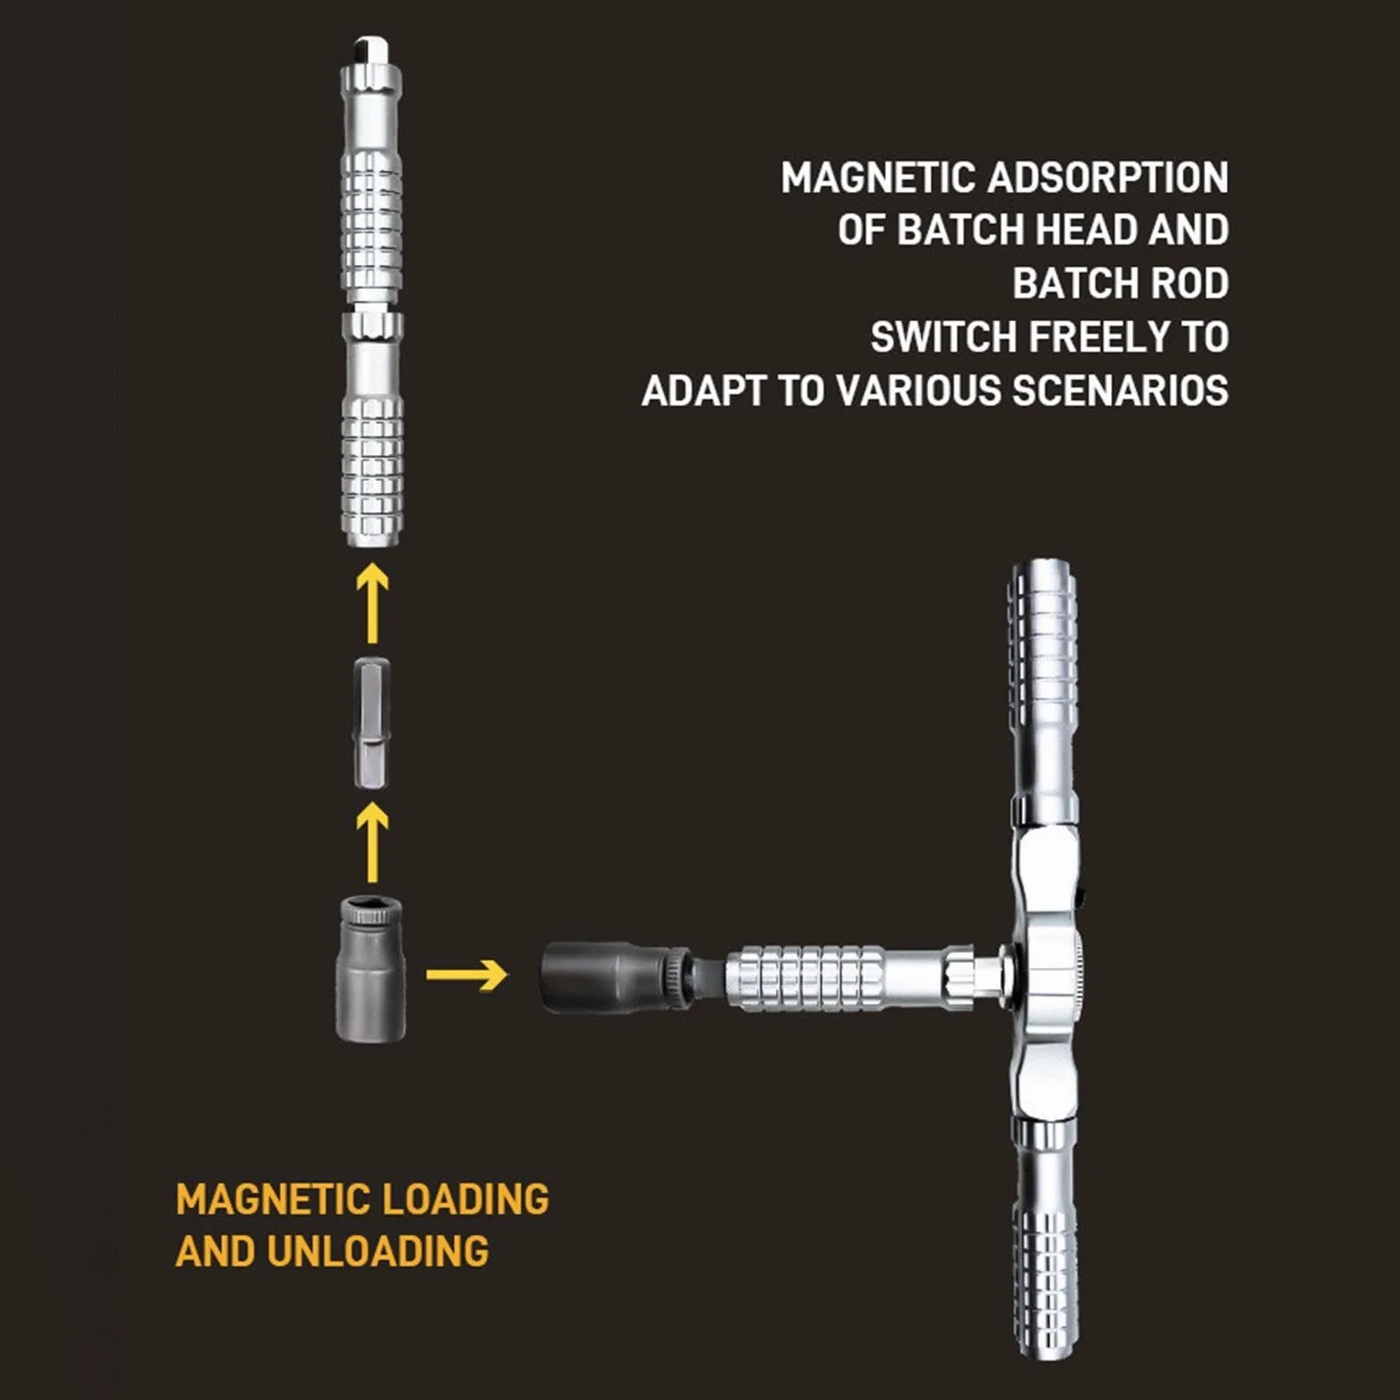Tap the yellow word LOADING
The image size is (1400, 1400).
pos(465,1199)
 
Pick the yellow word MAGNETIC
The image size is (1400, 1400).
pos(273,1199)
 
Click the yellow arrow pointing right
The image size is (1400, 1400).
pos(466,973)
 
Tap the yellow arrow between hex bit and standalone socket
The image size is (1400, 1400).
pos(372,843)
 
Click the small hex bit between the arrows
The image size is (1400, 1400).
pos(371,724)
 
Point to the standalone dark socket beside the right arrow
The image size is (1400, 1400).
pos(371,969)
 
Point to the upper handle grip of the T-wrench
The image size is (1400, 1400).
pos(1044,692)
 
